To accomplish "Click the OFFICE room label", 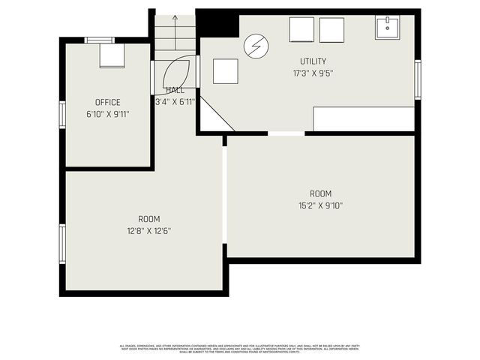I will [x=108, y=103].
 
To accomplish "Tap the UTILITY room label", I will [x=313, y=61].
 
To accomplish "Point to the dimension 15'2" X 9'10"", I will [x=320, y=205].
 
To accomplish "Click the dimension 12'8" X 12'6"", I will [x=148, y=231].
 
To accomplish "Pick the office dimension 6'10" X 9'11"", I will [x=108, y=115].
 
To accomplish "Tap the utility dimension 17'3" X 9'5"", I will [x=313, y=73].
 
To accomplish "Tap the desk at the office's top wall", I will [x=112, y=55].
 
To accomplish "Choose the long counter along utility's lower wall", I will [x=363, y=118].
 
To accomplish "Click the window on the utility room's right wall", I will [x=418, y=79].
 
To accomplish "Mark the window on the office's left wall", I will [x=63, y=115].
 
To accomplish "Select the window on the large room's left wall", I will [x=63, y=243].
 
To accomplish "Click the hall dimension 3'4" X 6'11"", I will [x=175, y=101].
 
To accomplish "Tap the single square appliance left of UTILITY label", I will [x=225, y=71].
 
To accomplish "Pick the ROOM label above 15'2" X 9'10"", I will [x=320, y=193].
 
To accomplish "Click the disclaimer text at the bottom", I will [x=240, y=348].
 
